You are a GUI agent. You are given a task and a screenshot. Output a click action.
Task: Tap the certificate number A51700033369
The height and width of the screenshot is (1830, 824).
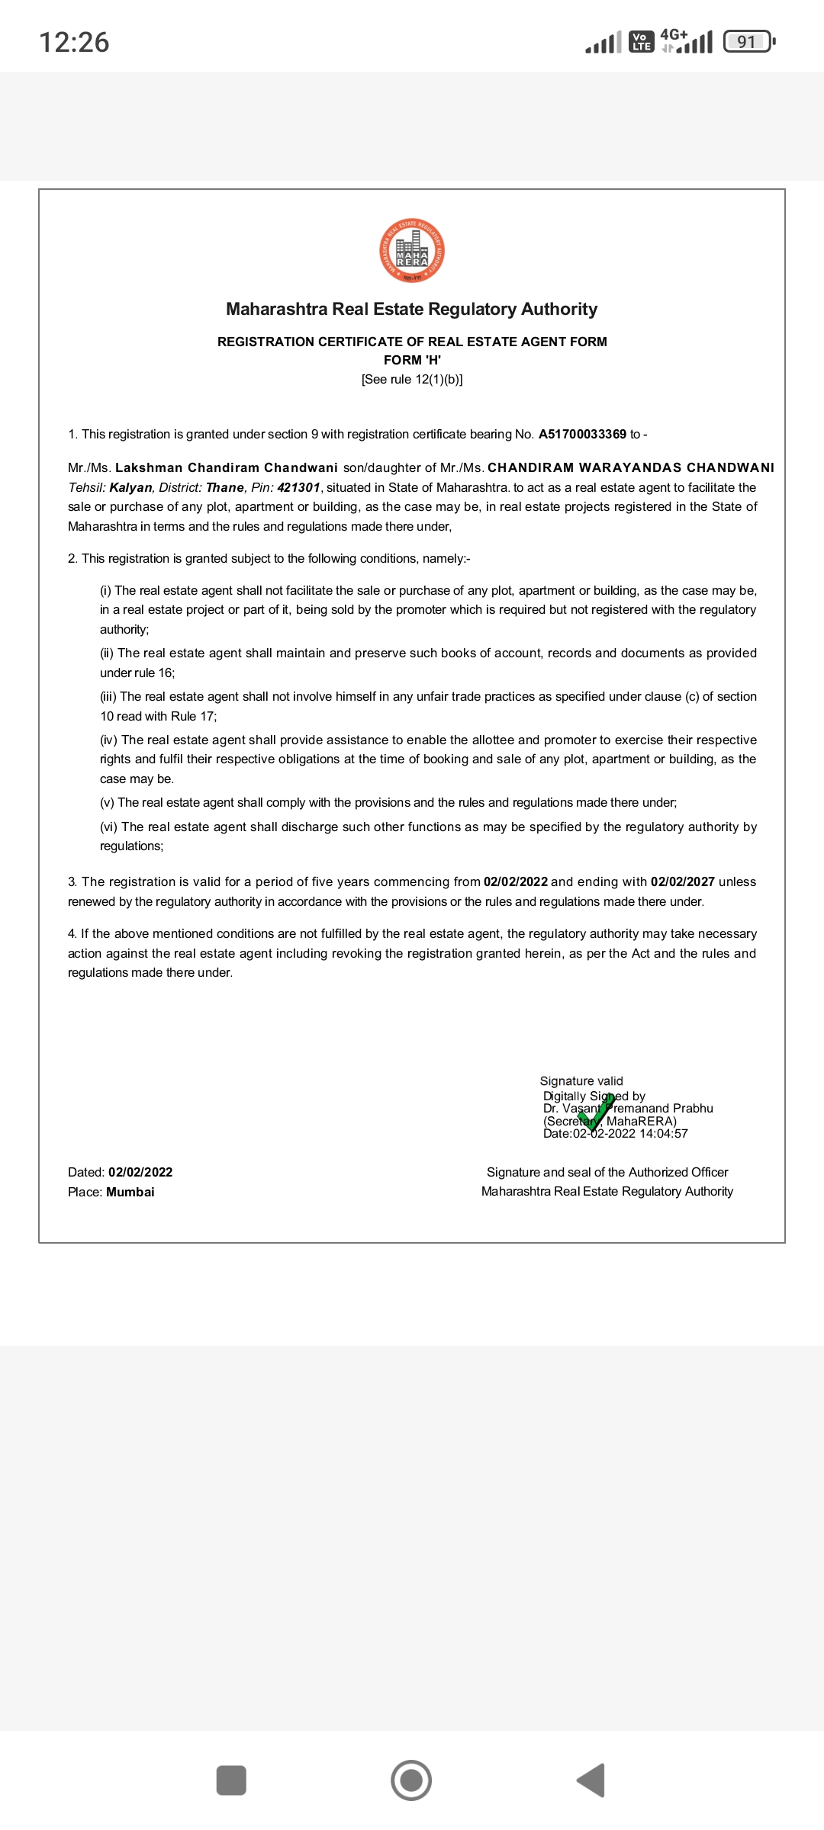[x=582, y=434]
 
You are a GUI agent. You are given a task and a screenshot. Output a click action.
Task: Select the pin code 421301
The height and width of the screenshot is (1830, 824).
[x=298, y=487]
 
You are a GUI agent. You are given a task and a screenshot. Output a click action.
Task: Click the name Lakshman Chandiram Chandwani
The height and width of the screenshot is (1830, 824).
[x=227, y=467]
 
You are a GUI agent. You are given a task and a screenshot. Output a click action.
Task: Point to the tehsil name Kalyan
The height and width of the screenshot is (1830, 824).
[x=131, y=487]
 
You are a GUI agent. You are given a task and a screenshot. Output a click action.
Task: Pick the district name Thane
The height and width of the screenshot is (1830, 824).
[x=225, y=487]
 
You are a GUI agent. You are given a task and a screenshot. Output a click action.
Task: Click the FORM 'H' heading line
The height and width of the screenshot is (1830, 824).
[x=412, y=360]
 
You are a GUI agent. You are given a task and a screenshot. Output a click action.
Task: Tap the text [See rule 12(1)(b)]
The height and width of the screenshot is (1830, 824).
[x=412, y=379]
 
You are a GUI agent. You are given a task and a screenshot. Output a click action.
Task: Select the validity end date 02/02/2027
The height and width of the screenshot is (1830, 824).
[x=682, y=881]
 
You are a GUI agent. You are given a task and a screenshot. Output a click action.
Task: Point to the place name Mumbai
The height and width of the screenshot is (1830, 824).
[x=130, y=1192]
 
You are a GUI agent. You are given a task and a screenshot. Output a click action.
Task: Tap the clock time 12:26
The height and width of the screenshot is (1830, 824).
[x=74, y=42]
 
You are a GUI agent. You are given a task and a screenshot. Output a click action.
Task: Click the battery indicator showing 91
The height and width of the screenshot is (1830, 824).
[x=748, y=42]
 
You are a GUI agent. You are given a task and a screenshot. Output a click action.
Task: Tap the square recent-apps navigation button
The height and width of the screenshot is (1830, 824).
[x=231, y=1780]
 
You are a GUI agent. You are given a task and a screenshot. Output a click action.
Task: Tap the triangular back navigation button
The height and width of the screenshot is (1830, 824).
[x=591, y=1780]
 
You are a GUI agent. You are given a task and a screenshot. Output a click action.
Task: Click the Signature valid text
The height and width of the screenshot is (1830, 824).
[x=581, y=1081]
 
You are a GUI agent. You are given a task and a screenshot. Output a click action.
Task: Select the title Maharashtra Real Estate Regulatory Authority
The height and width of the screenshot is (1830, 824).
[x=412, y=309]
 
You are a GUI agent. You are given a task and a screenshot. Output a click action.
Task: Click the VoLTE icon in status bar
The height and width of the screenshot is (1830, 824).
[x=642, y=42]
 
